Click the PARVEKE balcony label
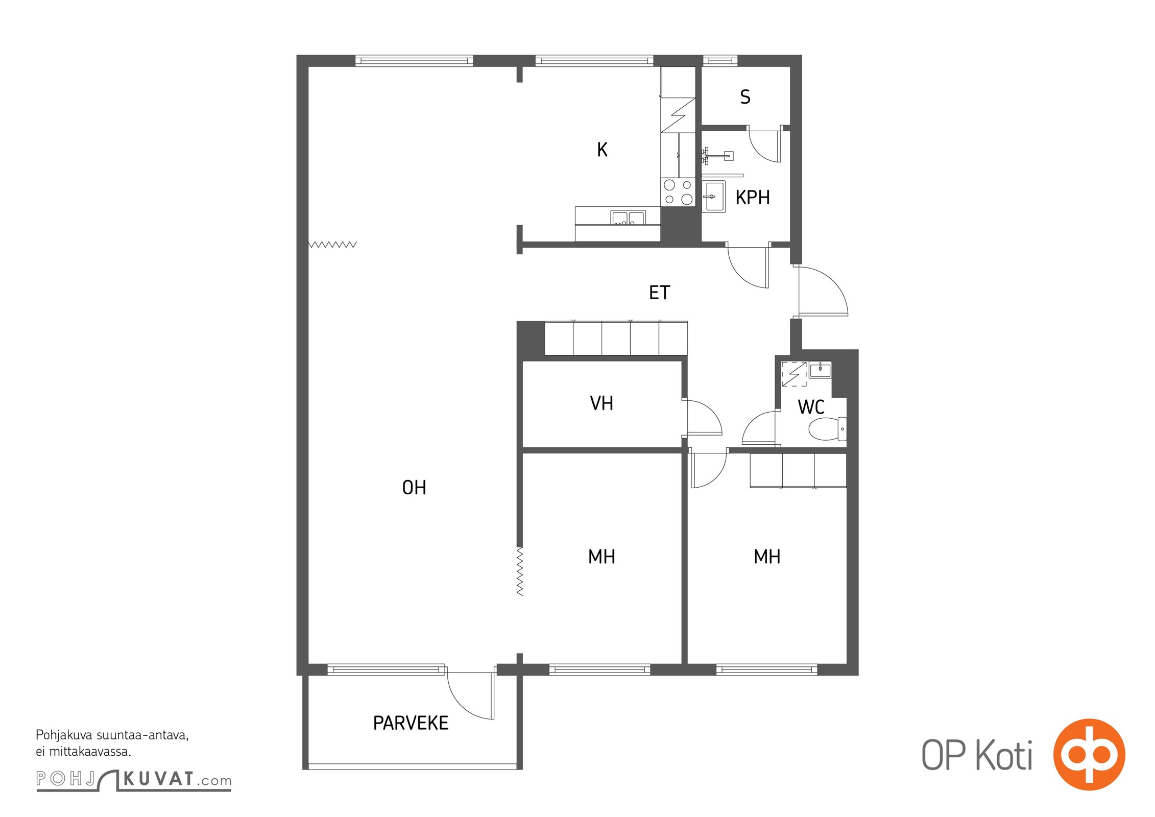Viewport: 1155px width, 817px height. pos(411,723)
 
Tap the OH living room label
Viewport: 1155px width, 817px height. pos(414,488)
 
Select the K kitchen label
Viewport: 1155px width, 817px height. pos(603,150)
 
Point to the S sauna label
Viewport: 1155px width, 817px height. pos(745,97)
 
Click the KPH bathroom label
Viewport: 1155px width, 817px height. pos(753,198)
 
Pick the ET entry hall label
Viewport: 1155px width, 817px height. pos(659,293)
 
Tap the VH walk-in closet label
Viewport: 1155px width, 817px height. pos(601,403)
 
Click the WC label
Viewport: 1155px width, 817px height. pos(811,407)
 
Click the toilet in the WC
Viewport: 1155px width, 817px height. pos(827,429)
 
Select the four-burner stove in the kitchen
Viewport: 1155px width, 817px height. pos(678,193)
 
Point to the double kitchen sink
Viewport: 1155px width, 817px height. pos(629,218)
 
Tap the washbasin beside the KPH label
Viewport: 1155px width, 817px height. pos(713,197)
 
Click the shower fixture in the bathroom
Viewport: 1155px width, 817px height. pos(717,156)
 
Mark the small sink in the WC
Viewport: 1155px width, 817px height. pos(820,370)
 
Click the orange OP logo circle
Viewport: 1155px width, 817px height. pos(1089,755)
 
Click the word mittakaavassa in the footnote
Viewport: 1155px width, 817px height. pos(90,752)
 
